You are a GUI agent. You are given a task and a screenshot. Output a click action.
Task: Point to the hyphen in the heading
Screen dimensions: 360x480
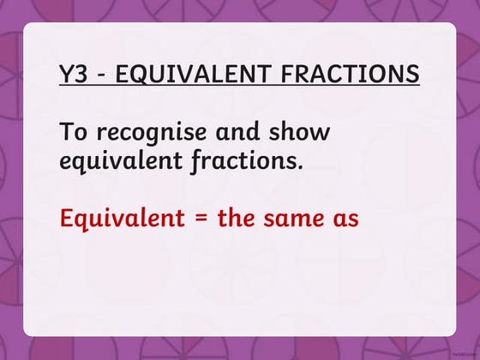click(102, 75)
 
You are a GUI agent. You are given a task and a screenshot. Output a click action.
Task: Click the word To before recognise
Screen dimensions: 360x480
click(74, 134)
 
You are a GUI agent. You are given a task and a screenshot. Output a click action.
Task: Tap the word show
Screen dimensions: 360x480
click(306, 134)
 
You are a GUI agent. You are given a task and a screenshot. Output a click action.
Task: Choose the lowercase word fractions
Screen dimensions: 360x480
click(244, 160)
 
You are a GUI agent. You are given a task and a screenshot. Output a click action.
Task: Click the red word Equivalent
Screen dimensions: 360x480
click(123, 218)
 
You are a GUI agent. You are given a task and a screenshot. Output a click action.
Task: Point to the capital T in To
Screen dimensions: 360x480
click(67, 134)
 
